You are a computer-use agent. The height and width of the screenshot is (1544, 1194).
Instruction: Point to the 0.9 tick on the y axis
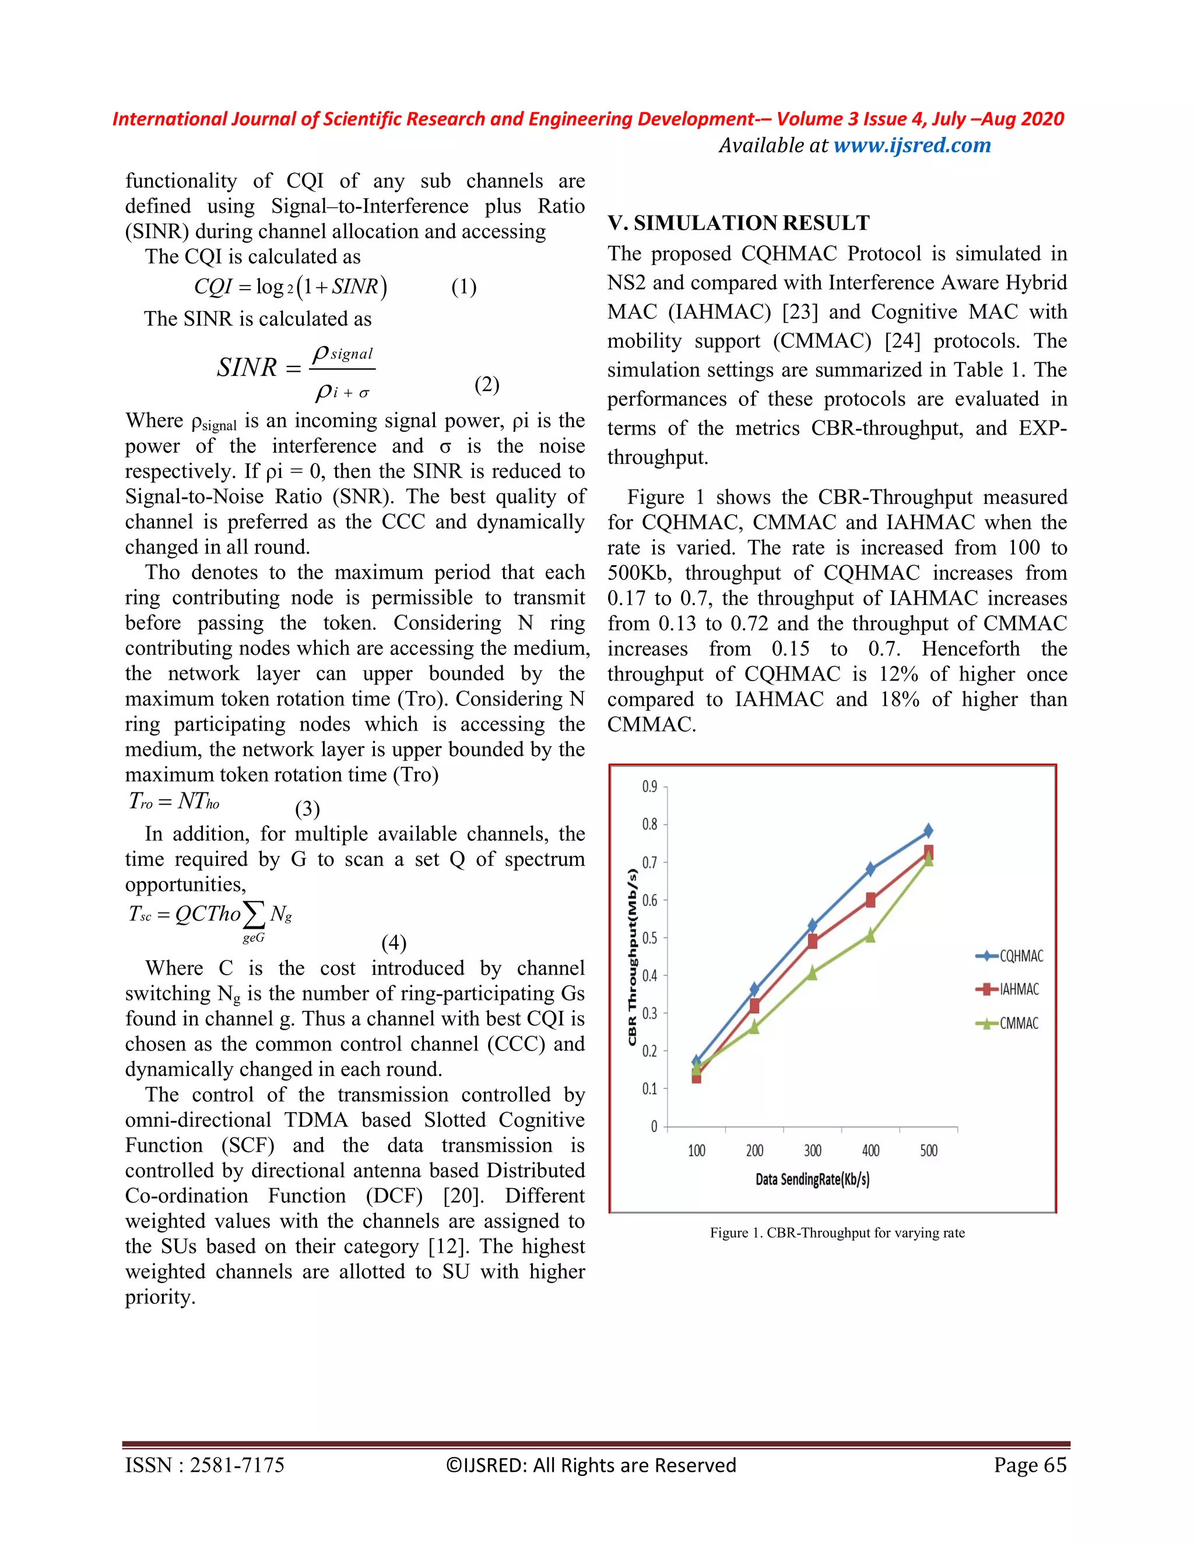click(649, 787)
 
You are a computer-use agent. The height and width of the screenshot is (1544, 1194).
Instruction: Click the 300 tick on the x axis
click(812, 1150)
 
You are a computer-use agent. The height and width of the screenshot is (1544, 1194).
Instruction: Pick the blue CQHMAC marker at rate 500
click(928, 831)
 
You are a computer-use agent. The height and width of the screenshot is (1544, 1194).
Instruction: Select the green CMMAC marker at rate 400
click(870, 935)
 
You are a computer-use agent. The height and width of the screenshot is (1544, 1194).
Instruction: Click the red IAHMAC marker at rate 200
click(754, 1005)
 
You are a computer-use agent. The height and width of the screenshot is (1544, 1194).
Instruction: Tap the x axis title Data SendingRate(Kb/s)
click(812, 1179)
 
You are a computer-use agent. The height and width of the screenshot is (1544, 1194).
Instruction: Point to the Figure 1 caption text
click(837, 1233)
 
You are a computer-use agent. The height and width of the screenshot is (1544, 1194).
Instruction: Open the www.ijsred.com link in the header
click(912, 145)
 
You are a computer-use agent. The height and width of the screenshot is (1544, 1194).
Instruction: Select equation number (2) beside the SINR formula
click(487, 385)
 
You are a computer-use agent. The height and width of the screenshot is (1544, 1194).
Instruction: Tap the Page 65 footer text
click(1029, 1465)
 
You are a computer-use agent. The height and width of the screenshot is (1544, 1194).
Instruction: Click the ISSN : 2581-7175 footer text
click(205, 1465)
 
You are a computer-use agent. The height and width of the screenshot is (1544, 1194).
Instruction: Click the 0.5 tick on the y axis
click(649, 938)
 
